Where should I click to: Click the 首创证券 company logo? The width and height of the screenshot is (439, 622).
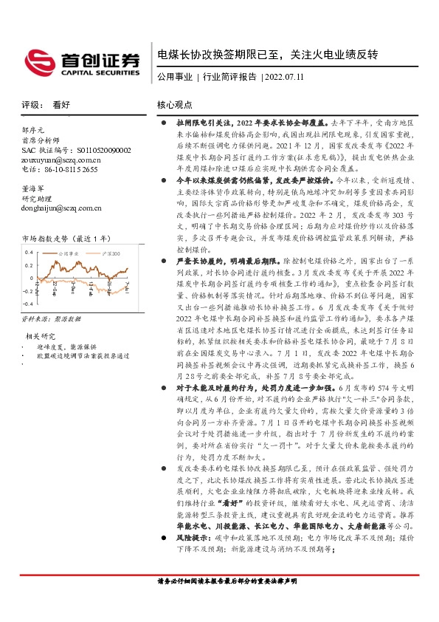[82, 59]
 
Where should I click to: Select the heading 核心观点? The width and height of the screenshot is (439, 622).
[174, 105]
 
